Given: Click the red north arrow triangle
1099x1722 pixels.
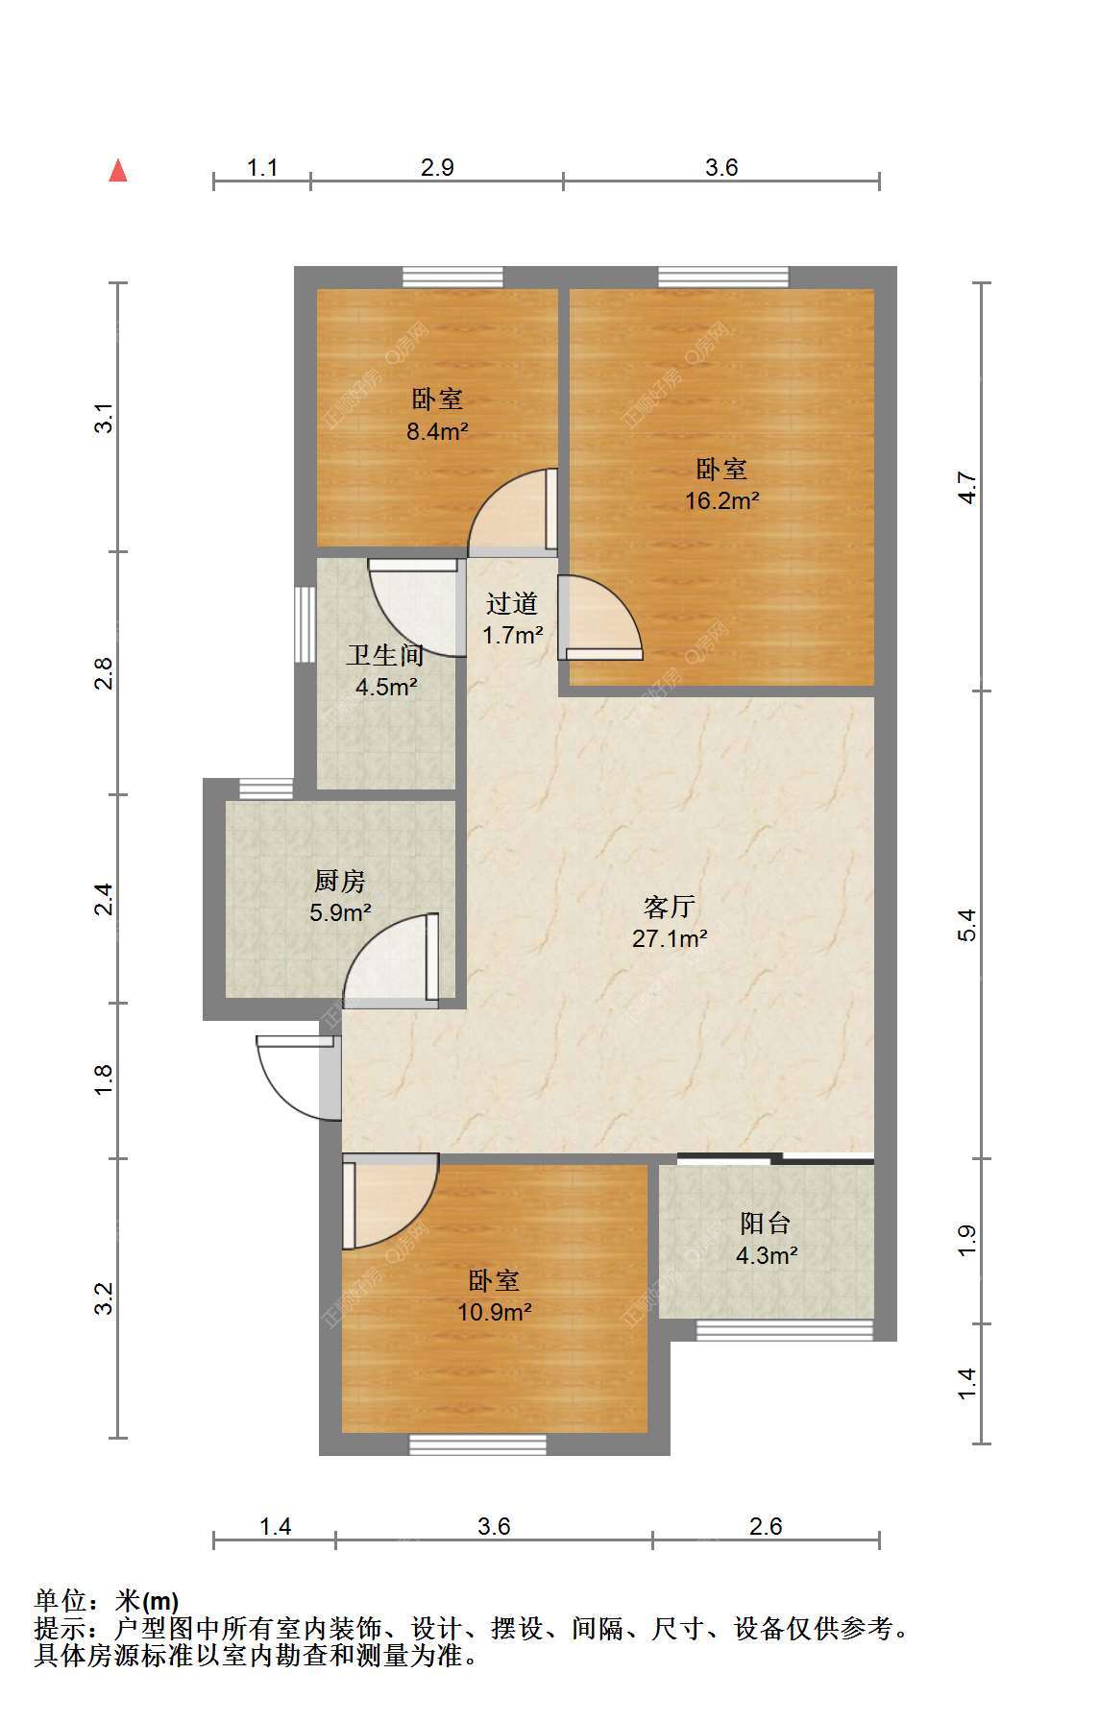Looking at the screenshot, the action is coord(118,171).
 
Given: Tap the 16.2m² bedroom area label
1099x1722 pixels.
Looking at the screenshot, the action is coord(721,500).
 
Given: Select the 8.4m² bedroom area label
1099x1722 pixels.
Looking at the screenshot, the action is coord(437,431).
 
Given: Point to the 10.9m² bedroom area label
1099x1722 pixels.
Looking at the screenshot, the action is coord(495,1312).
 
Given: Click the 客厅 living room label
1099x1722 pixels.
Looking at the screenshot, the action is coord(670,907).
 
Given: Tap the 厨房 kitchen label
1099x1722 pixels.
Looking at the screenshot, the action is coord(340,881).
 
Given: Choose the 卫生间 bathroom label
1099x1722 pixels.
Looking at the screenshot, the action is coord(385,656).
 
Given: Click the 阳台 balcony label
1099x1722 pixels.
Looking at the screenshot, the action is coord(766,1224).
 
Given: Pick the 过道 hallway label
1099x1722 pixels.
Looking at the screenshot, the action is coord(512,604).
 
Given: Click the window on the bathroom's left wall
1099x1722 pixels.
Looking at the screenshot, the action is coord(305,620).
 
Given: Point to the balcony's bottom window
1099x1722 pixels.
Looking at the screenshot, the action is coord(784,1330).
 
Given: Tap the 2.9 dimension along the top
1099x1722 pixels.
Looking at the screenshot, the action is coord(437,168).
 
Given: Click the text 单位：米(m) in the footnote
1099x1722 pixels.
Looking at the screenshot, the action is coord(107,1601).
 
